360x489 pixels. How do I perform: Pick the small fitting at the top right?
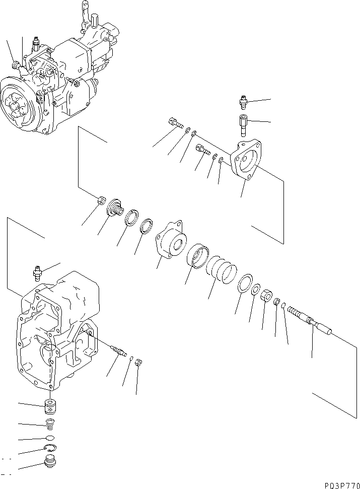coord(242,104)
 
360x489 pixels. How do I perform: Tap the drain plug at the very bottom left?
coord(49,462)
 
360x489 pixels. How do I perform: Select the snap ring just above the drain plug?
coord(50,448)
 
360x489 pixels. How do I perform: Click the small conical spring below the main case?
coord(49,424)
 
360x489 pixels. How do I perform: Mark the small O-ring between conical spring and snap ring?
coord(49,437)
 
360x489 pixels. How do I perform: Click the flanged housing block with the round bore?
coord(171,242)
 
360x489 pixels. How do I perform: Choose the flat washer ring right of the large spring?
coord(245,283)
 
